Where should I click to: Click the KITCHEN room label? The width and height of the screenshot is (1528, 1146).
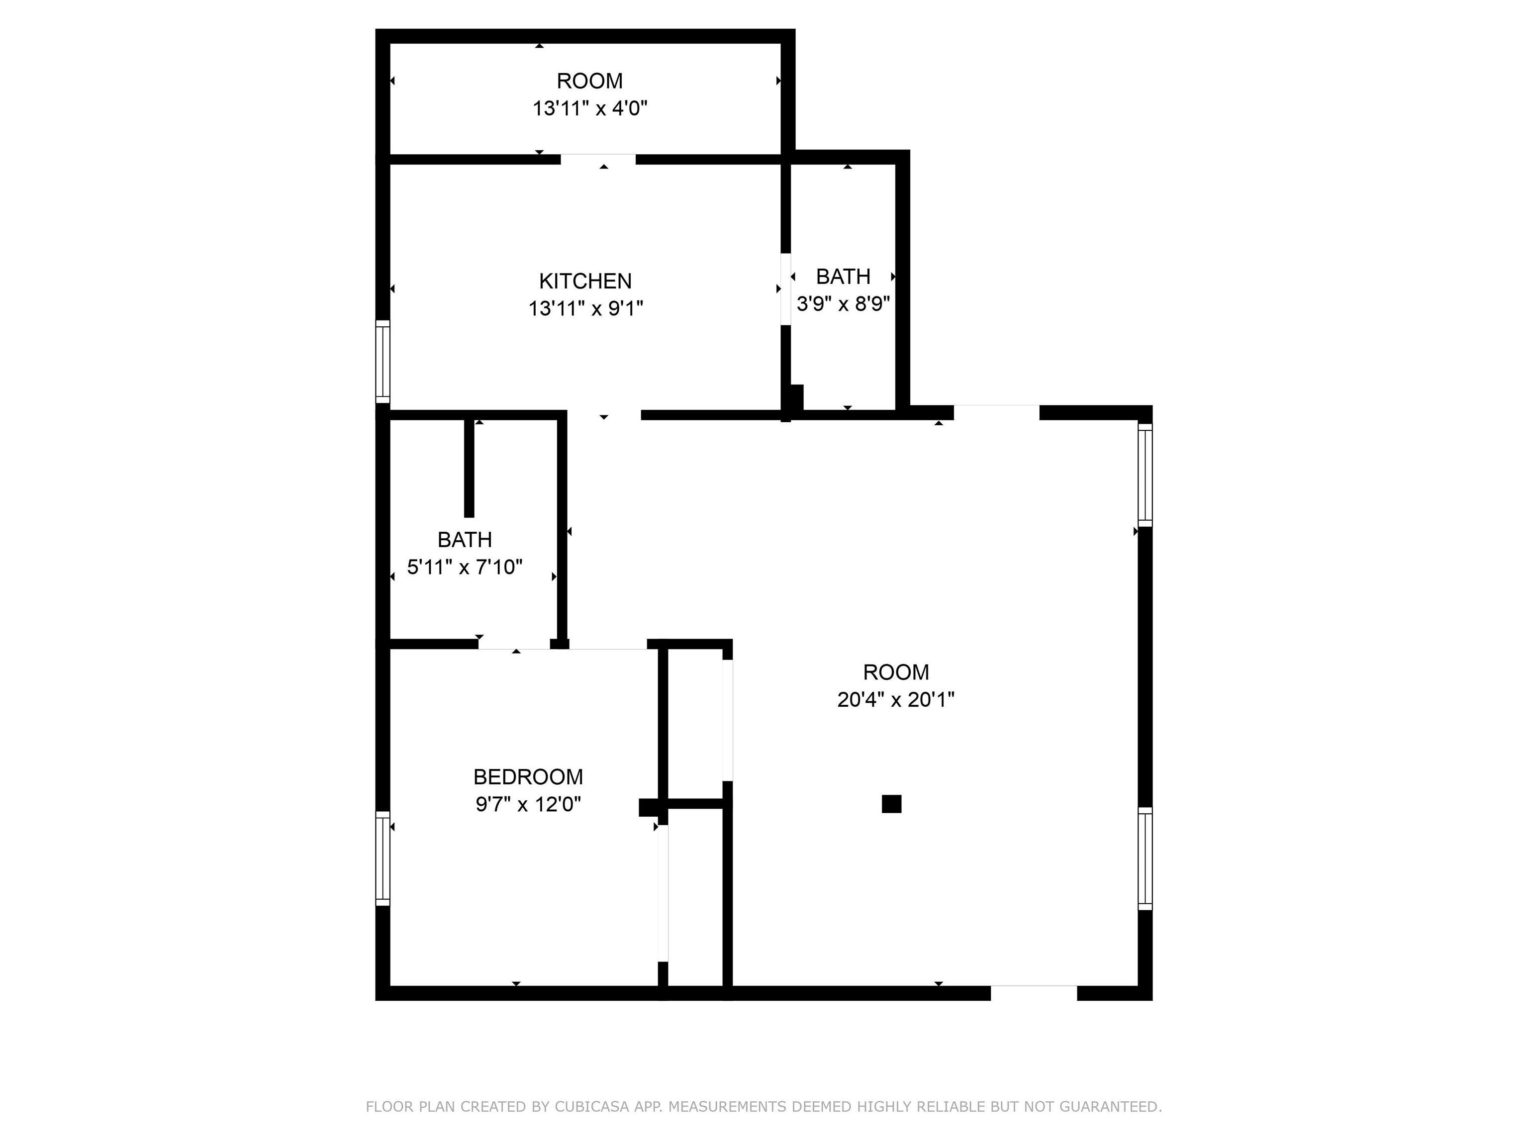click(585, 281)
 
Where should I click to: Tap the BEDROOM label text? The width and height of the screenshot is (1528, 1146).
click(528, 777)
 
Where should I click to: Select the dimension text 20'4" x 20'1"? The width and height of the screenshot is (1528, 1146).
click(895, 700)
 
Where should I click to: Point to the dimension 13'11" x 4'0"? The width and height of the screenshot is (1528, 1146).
click(589, 108)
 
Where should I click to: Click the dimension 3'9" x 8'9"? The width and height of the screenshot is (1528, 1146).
click(843, 304)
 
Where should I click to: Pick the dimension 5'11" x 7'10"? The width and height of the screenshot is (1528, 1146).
click(464, 567)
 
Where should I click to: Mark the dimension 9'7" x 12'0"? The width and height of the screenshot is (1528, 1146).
click(528, 805)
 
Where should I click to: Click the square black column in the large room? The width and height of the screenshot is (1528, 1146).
click(891, 804)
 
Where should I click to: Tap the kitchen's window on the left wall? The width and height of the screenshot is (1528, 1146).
click(382, 361)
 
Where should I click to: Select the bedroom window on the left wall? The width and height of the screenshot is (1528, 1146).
click(382, 858)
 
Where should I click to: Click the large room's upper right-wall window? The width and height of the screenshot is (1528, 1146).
click(1145, 475)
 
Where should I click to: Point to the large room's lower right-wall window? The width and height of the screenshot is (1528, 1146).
click(1145, 858)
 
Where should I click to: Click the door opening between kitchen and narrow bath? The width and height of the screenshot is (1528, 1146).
click(785, 289)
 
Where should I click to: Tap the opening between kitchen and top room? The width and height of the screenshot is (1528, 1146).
click(597, 160)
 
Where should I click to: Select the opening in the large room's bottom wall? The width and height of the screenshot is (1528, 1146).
click(1034, 993)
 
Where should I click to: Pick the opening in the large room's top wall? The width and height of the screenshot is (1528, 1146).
click(996, 412)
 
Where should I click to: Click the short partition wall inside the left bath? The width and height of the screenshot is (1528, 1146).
click(469, 468)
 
